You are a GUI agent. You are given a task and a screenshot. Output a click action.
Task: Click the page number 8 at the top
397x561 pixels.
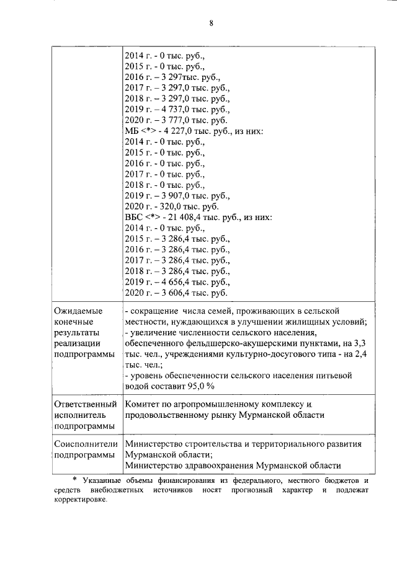(211, 24)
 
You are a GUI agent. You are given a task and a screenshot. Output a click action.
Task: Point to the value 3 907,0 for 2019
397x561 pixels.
(169, 196)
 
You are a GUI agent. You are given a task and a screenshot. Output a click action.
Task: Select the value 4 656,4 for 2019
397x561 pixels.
(169, 282)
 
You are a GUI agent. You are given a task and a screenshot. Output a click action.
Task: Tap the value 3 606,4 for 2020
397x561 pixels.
(169, 293)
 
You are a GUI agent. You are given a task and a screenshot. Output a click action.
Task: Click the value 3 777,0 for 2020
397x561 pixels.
(169, 120)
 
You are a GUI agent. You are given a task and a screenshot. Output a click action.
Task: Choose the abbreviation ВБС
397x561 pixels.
(133, 218)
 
